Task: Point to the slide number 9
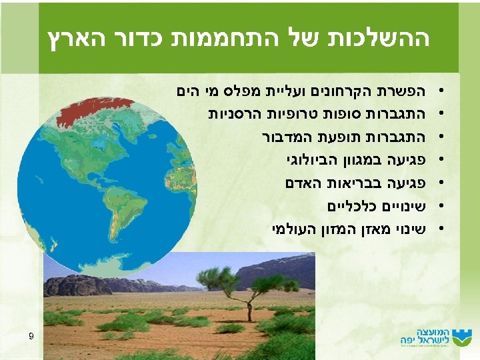coord(31,336)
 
